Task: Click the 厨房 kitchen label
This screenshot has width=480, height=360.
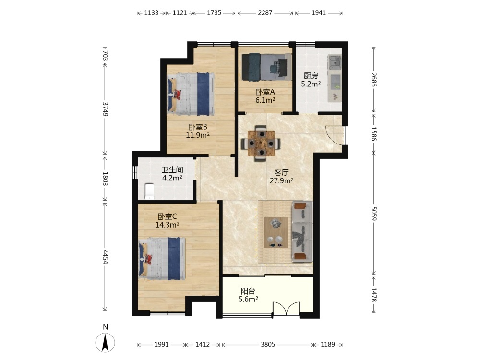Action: click(311, 80)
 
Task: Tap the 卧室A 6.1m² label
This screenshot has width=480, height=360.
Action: click(265, 96)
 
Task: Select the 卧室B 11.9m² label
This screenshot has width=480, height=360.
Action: click(198, 131)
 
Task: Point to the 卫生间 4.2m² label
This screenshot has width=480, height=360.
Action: click(172, 174)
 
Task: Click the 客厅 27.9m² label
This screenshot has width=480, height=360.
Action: click(281, 177)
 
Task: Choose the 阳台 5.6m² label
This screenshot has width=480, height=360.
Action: click(248, 295)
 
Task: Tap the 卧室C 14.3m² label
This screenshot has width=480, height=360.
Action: click(167, 221)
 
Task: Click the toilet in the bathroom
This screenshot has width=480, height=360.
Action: click(149, 192)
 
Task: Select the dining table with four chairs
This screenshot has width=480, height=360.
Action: click(261, 143)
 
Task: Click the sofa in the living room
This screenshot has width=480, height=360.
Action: click(302, 231)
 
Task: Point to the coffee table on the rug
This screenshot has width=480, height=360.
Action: click(276, 232)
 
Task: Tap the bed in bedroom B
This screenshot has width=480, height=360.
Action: click(190, 94)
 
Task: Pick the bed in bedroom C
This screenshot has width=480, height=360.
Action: click(162, 259)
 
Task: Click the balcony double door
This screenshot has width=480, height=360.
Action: click(286, 309)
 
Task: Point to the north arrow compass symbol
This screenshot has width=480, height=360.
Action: click(105, 342)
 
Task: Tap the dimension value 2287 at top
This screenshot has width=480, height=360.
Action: click(265, 13)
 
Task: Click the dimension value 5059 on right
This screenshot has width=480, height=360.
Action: click(373, 214)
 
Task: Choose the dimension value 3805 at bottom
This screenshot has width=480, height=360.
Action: click(268, 344)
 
